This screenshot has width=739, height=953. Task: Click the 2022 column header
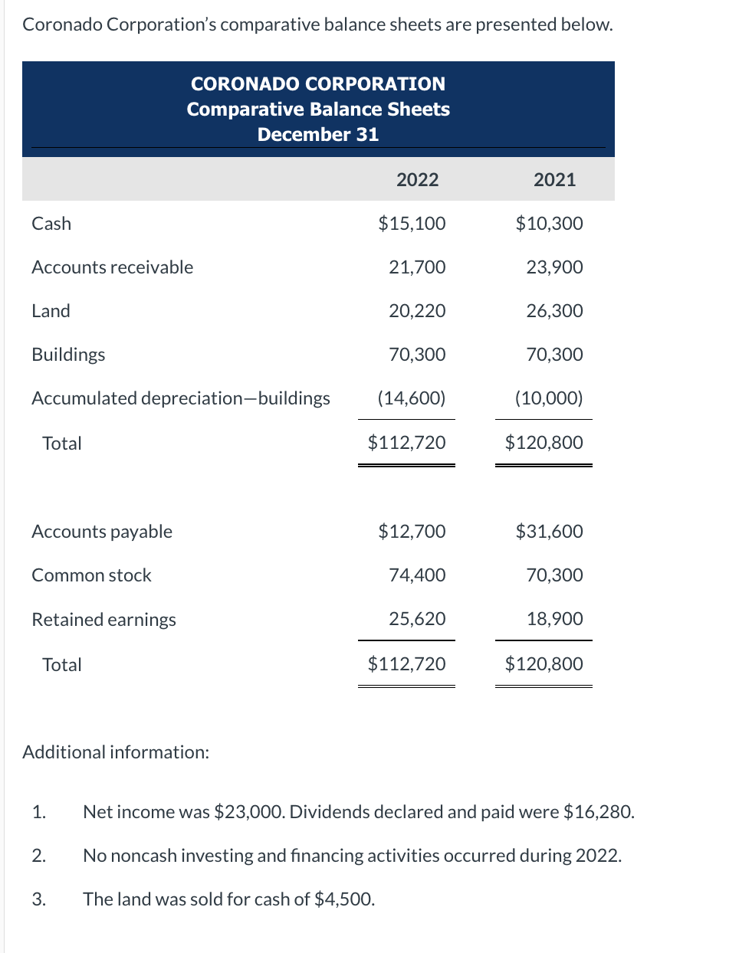[417, 179]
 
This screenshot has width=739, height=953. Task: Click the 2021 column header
[554, 179]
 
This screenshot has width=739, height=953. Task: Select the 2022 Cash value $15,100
[412, 223]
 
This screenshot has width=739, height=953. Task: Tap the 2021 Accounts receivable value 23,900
[554, 267]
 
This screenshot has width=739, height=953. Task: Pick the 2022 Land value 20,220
[417, 310]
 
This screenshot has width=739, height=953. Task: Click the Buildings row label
[68, 354]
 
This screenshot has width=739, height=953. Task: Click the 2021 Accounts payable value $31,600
[549, 531]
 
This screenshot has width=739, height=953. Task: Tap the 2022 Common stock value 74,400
[417, 575]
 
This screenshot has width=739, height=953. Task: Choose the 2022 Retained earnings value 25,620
[417, 618]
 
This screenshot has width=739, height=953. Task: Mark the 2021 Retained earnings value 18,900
[554, 618]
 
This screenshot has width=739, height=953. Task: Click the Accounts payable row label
[102, 531]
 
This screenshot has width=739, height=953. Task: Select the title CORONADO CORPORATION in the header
[317, 84]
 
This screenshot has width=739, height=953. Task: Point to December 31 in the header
[317, 134]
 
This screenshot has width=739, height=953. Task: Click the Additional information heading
[116, 752]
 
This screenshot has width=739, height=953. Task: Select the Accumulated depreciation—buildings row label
[181, 398]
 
